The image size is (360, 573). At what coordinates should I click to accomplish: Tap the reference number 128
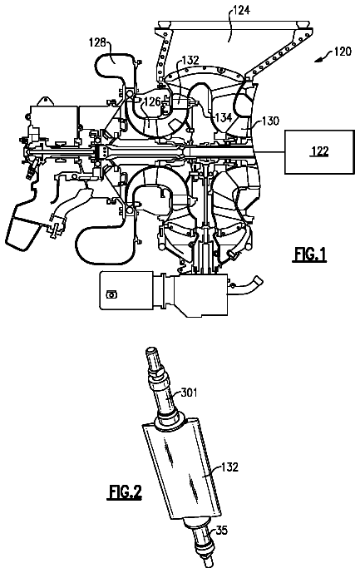coord(97,42)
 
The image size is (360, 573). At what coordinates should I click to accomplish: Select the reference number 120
coord(342,52)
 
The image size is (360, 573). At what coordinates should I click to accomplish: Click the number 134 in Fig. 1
coord(223,117)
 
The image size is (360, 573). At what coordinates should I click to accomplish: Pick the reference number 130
coord(270,121)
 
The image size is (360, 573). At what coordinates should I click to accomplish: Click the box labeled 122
coord(319,151)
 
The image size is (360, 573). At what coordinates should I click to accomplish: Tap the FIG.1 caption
coord(309,254)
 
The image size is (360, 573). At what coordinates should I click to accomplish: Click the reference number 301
coord(189,393)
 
